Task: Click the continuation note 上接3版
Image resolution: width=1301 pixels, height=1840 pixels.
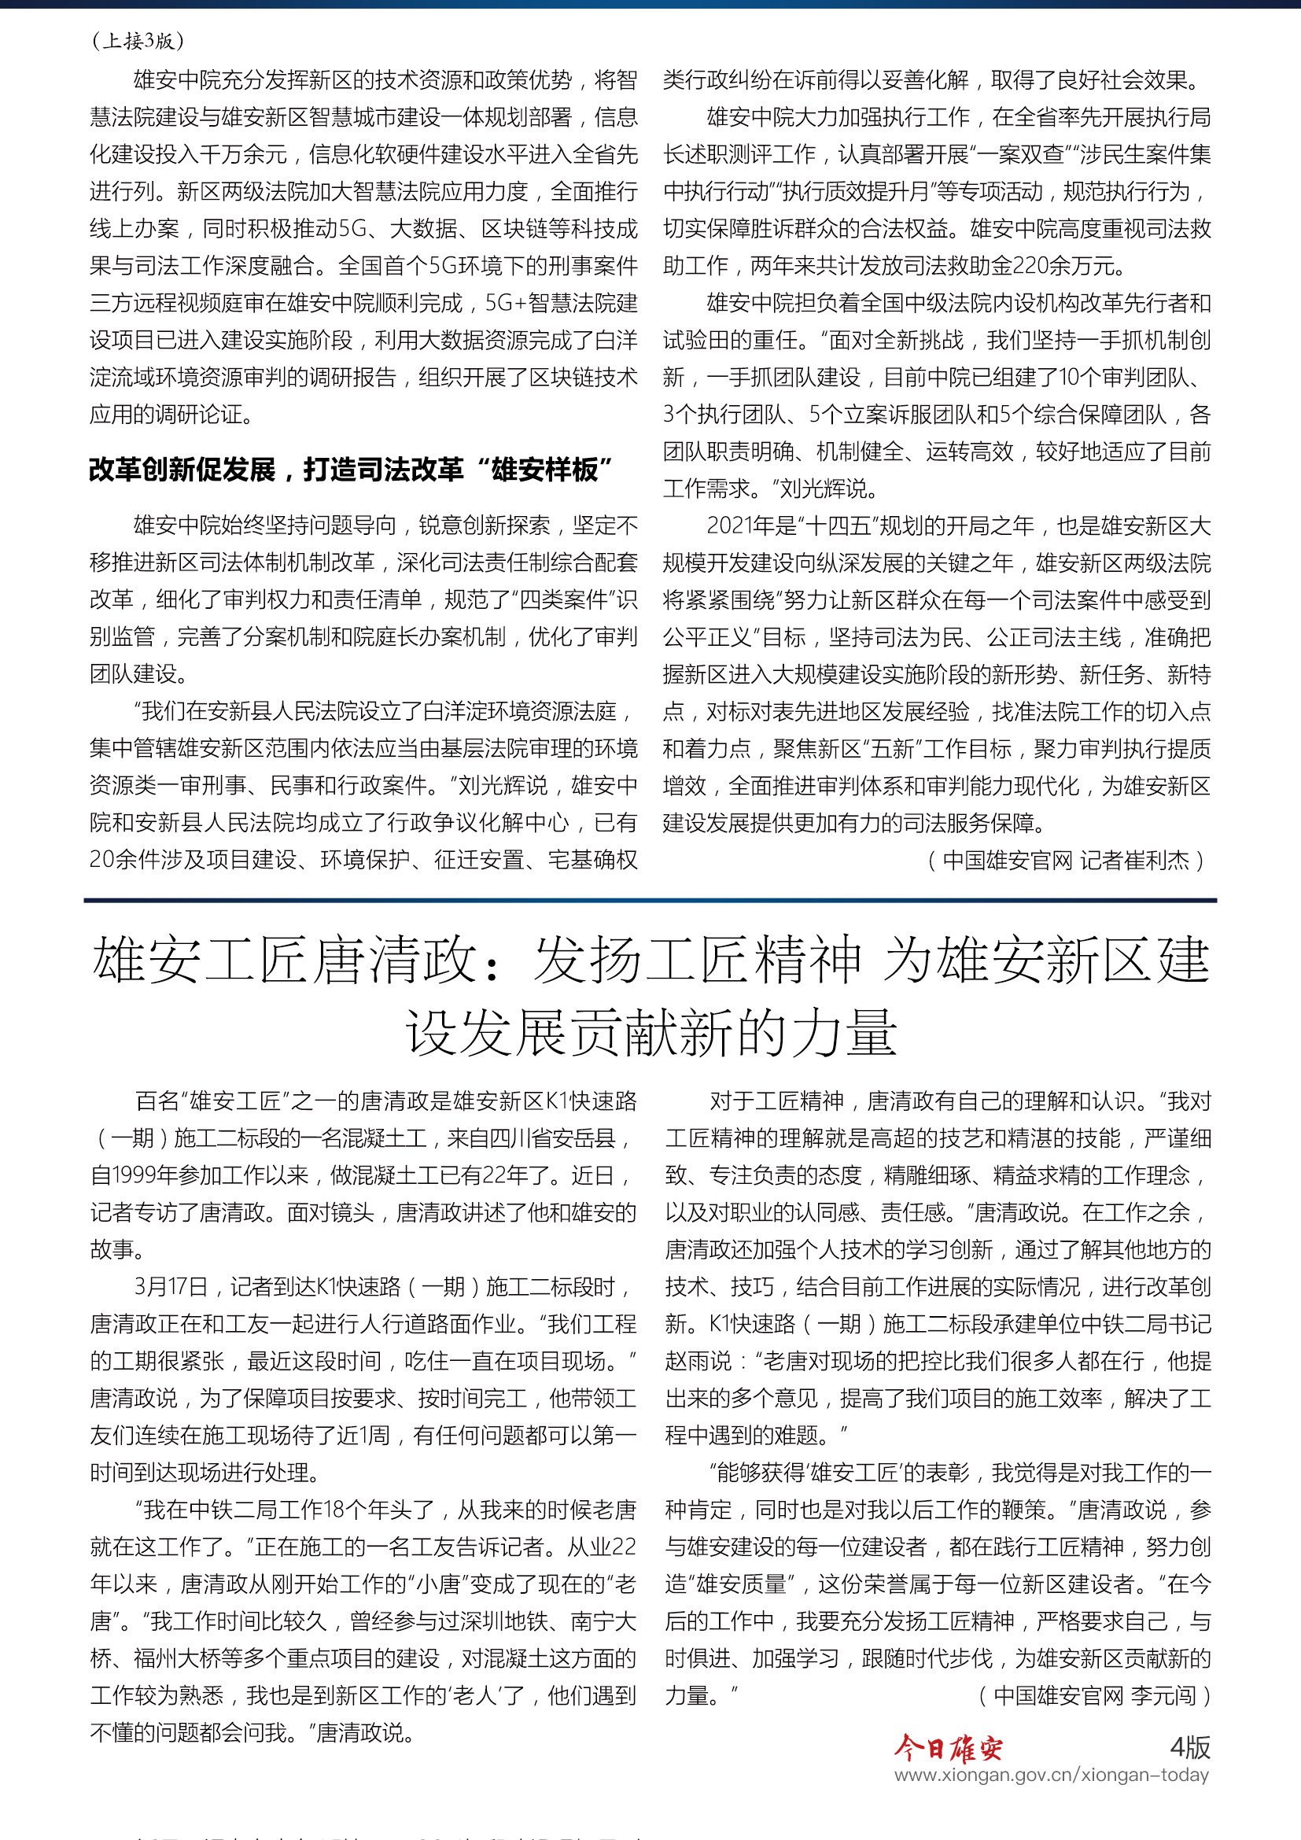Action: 138,40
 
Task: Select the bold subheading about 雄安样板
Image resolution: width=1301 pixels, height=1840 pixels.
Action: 350,470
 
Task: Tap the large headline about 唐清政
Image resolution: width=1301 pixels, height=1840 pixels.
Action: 650,995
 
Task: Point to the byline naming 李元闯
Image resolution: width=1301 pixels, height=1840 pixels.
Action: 1094,1696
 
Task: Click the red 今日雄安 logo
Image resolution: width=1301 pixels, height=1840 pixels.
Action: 948,1748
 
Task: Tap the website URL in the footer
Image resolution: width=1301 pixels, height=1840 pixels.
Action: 1051,1775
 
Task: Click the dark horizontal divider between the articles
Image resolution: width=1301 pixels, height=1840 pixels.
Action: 650,900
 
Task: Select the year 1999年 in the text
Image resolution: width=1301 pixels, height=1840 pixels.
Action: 139,1175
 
